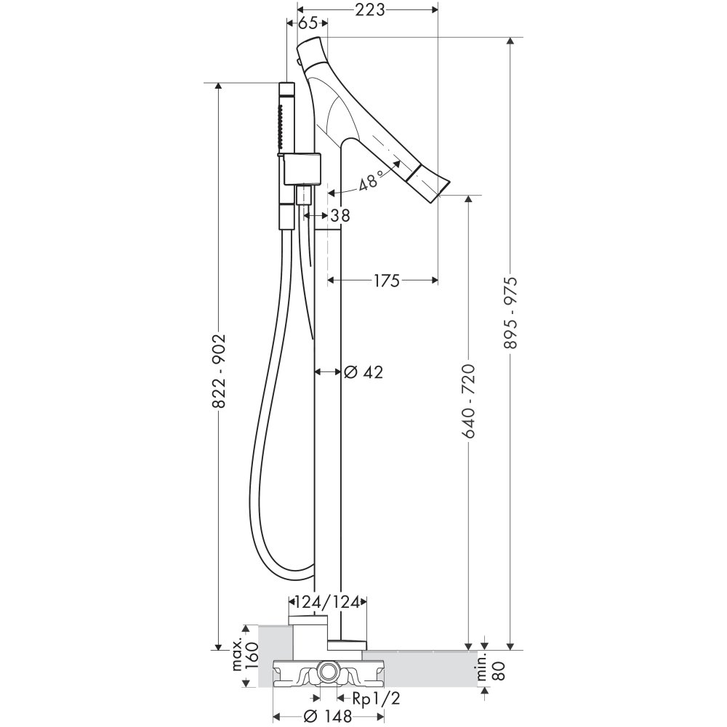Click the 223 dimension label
pos(370,9)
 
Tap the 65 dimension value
pos(307,23)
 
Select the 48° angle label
pos(371,180)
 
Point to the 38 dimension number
pos(340,215)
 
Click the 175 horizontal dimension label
pos(385,280)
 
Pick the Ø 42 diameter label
pos(363,371)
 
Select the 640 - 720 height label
pos(469,401)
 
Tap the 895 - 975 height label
pos(510,313)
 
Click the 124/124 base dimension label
pos(329,602)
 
